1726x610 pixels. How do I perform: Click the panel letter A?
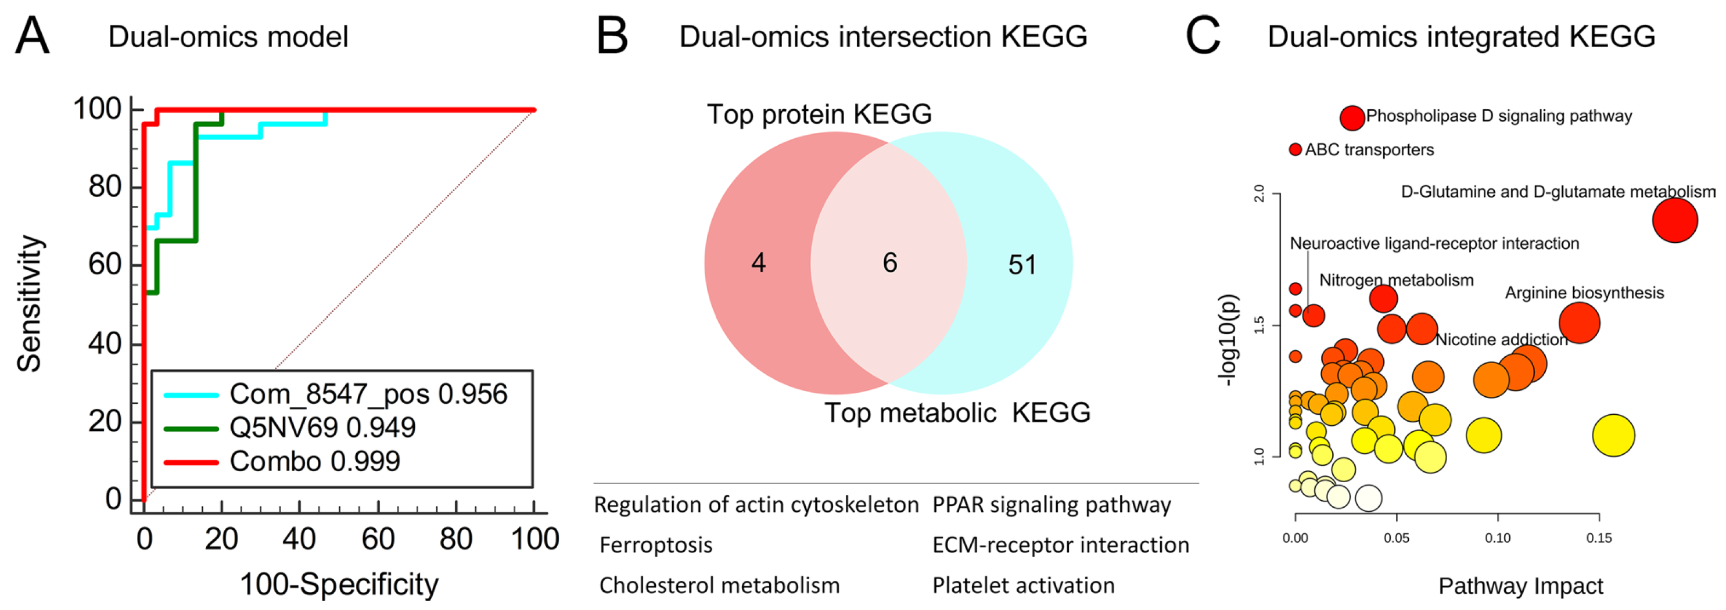point(32,35)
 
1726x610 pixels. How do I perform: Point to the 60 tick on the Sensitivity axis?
point(105,264)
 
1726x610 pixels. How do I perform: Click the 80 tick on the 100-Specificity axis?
point(455,539)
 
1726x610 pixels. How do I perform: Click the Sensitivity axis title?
point(30,304)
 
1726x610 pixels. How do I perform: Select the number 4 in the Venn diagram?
point(759,262)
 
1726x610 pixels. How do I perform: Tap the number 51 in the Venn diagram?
point(1022,265)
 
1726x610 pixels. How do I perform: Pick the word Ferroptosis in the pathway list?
point(656,545)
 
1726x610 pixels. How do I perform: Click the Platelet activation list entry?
point(1024,585)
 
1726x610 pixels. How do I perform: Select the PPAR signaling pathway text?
point(1052,505)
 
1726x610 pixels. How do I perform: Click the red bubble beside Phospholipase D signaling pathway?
point(1352,118)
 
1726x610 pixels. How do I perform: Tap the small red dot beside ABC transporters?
point(1295,149)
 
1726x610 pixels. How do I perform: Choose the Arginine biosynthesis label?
point(1584,293)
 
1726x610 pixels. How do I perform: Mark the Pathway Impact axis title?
point(1520,586)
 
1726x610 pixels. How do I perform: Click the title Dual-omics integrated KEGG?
point(1461,36)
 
